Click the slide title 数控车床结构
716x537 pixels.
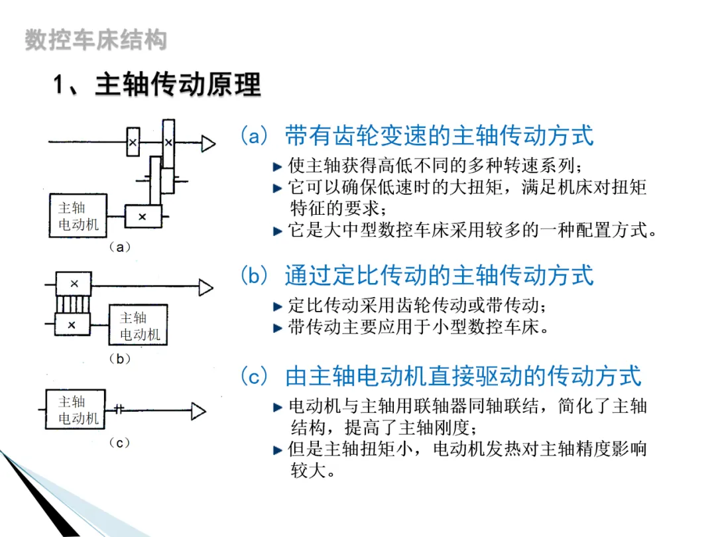click(x=95, y=40)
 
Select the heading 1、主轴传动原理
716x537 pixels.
click(x=158, y=86)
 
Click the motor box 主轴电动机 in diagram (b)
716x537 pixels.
click(x=139, y=326)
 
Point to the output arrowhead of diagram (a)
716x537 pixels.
click(x=209, y=143)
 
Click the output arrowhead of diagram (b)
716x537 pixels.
click(x=206, y=287)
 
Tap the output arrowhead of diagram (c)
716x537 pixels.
click(x=198, y=411)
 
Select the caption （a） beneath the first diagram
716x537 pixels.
click(x=119, y=247)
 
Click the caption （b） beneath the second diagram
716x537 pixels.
click(x=119, y=359)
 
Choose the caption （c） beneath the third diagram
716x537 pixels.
click(x=119, y=443)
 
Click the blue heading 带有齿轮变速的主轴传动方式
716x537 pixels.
click(x=439, y=136)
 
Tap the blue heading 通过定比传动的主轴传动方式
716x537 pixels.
click(x=439, y=274)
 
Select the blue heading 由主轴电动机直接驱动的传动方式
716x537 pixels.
click(x=463, y=376)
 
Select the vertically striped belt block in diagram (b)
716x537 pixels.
click(x=73, y=305)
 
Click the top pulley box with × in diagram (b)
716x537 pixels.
click(x=74, y=284)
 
